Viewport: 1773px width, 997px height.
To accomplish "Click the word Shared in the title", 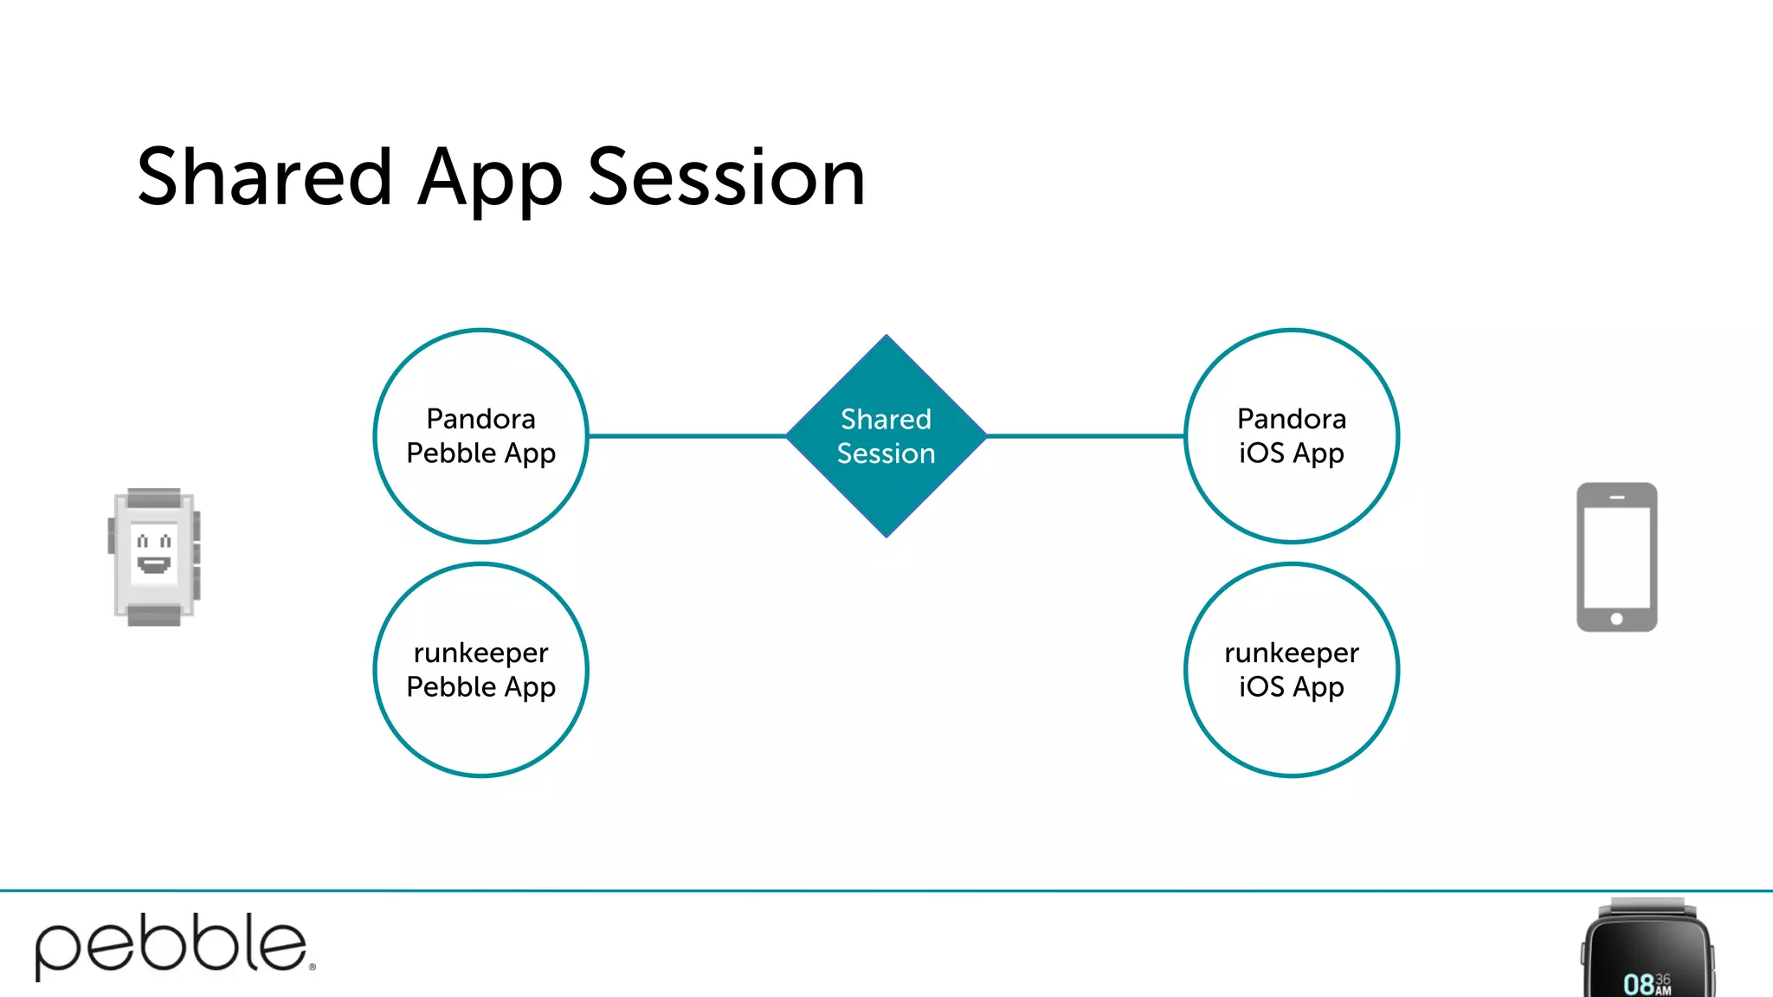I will [x=264, y=177].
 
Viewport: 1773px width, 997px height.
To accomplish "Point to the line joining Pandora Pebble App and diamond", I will [x=687, y=435].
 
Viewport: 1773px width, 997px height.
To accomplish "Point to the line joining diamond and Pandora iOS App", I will [x=1085, y=435].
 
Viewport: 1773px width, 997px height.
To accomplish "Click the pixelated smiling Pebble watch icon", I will [x=154, y=556].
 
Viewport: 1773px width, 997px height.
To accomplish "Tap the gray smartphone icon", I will [x=1616, y=556].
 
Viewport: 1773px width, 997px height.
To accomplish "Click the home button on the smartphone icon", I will [x=1616, y=619].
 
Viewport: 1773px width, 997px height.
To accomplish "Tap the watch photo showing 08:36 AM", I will [x=1648, y=952].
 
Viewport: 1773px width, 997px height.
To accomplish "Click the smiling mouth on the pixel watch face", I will [x=154, y=565].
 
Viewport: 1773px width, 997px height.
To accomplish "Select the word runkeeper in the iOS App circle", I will [x=1291, y=653].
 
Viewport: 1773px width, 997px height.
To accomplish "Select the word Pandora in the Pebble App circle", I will [x=480, y=419].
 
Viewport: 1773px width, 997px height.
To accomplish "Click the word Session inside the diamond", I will [x=886, y=453].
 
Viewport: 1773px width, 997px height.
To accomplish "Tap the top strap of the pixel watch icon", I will [x=154, y=498].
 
